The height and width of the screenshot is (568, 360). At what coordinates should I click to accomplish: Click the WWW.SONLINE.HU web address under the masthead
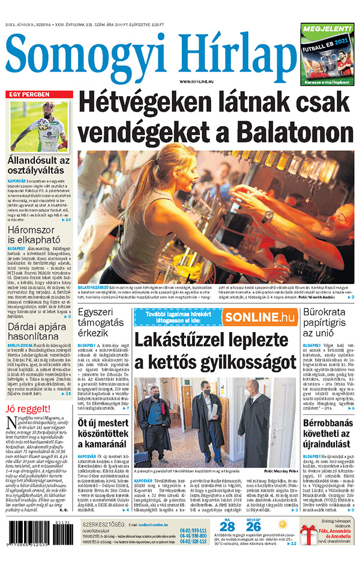(197, 81)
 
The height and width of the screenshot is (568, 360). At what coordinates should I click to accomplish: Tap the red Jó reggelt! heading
(28, 409)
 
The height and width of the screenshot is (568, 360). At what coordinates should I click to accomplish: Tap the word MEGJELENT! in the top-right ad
(328, 28)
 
